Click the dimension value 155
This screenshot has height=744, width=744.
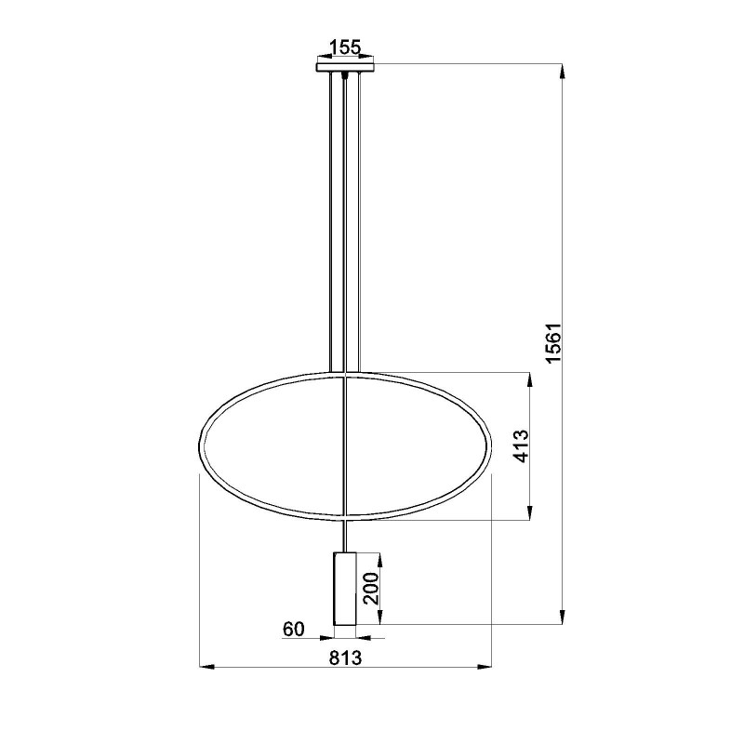345,46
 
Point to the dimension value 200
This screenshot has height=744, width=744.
371,589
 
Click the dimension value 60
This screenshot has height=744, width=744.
294,630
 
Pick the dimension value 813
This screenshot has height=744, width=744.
345,657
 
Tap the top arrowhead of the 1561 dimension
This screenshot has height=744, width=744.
562,67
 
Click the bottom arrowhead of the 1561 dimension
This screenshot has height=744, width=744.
562,620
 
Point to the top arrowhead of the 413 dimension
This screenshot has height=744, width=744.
530,378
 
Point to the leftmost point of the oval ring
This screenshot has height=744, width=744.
201,445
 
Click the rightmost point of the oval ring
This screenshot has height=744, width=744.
491,445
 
